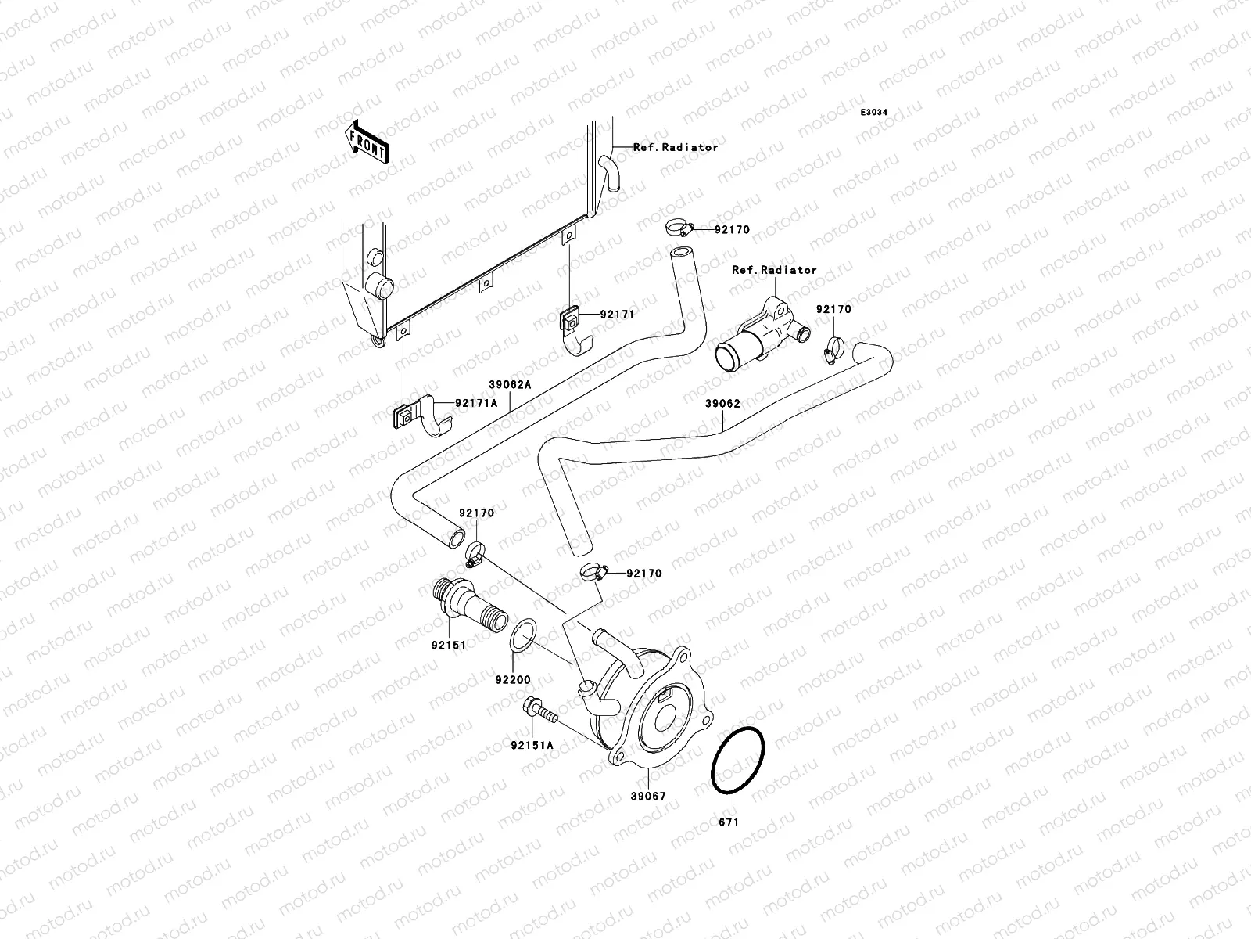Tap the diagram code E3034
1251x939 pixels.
pyautogui.click(x=874, y=113)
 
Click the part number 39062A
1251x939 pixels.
pyautogui.click(x=510, y=385)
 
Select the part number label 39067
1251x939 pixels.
pyautogui.click(x=648, y=796)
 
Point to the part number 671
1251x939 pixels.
pyautogui.click(x=728, y=822)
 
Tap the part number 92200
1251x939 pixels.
pyautogui.click(x=511, y=678)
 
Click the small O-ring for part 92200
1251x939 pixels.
pyautogui.click(x=522, y=635)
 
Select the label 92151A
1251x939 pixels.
pyautogui.click(x=532, y=745)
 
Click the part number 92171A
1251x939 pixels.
pyautogui.click(x=476, y=404)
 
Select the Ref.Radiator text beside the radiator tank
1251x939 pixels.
pyautogui.click(x=675, y=147)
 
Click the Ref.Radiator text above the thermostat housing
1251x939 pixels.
pyautogui.click(x=774, y=270)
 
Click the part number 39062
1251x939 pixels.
pyautogui.click(x=722, y=405)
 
